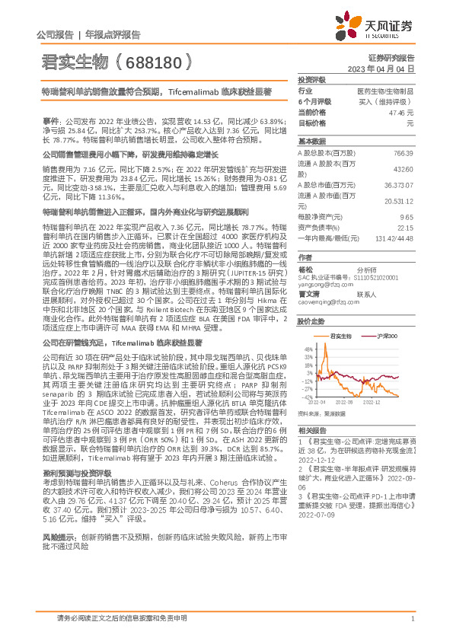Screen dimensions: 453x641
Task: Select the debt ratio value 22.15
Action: tap(406, 227)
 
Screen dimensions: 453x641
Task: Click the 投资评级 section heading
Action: tap(311, 79)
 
